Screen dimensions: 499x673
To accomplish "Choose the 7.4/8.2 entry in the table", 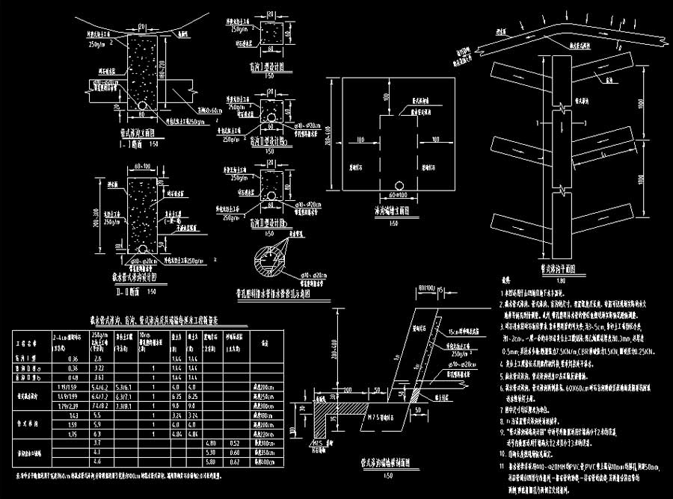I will coord(101,406).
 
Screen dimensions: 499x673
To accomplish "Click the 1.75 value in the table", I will coord(73,433).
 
